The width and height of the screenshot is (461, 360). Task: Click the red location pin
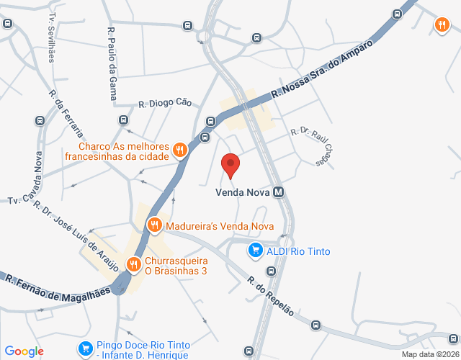click(230, 165)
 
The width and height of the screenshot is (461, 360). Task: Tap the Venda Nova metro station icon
click(278, 192)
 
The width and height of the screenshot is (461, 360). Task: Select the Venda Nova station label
click(242, 192)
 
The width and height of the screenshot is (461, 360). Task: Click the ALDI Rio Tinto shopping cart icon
click(255, 251)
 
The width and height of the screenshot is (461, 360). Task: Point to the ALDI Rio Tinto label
click(298, 251)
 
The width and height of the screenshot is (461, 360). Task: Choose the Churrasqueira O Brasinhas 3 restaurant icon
click(133, 265)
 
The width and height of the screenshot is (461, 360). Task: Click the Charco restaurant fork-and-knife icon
click(180, 150)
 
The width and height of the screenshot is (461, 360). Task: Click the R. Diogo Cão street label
click(166, 103)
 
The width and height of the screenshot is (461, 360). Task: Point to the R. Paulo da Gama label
click(112, 55)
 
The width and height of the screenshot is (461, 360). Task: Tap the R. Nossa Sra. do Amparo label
click(322, 70)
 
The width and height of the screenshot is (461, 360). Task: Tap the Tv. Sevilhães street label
click(51, 36)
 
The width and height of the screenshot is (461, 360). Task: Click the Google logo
click(24, 351)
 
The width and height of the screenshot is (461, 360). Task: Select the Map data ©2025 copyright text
click(429, 354)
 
